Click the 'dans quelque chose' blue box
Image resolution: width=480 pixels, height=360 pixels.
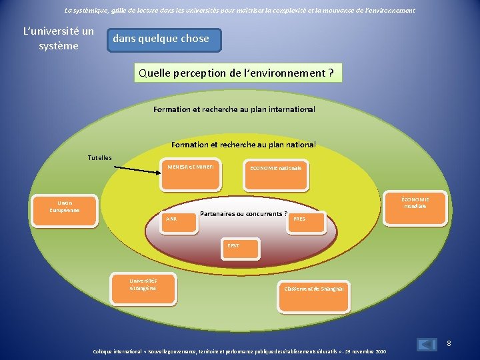point(163,39)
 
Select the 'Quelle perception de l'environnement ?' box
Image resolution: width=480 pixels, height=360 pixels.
point(238,73)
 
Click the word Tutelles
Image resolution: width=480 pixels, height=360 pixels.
point(100,157)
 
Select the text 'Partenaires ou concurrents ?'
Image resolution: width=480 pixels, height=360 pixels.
point(243,214)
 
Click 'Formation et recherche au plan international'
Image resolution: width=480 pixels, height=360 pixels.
point(234,109)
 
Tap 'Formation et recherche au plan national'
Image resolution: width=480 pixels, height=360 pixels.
point(243,145)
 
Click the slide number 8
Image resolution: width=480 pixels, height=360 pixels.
point(449,343)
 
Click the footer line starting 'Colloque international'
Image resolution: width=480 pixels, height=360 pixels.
point(239,351)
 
